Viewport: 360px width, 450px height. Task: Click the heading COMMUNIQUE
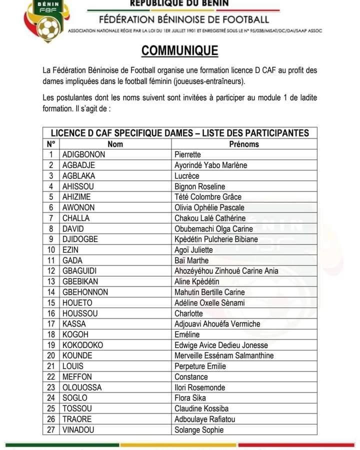(180, 51)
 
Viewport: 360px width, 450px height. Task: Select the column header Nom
(115, 144)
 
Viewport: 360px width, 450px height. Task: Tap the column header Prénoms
(244, 144)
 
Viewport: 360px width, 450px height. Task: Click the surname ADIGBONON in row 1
(84, 154)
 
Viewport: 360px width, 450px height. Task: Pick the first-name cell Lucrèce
(187, 175)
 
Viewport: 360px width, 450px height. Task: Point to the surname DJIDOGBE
(80, 239)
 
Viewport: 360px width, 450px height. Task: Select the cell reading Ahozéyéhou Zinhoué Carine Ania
(226, 271)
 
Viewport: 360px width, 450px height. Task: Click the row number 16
(51, 313)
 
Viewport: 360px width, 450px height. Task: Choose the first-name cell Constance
(191, 376)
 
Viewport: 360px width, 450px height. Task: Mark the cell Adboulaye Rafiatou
(205, 419)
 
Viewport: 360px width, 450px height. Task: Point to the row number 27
(51, 429)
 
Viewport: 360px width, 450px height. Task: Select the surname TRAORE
(77, 419)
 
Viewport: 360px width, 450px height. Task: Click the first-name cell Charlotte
(189, 313)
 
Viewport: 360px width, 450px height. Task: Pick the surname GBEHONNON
(85, 292)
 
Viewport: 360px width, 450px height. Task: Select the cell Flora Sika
(190, 398)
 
